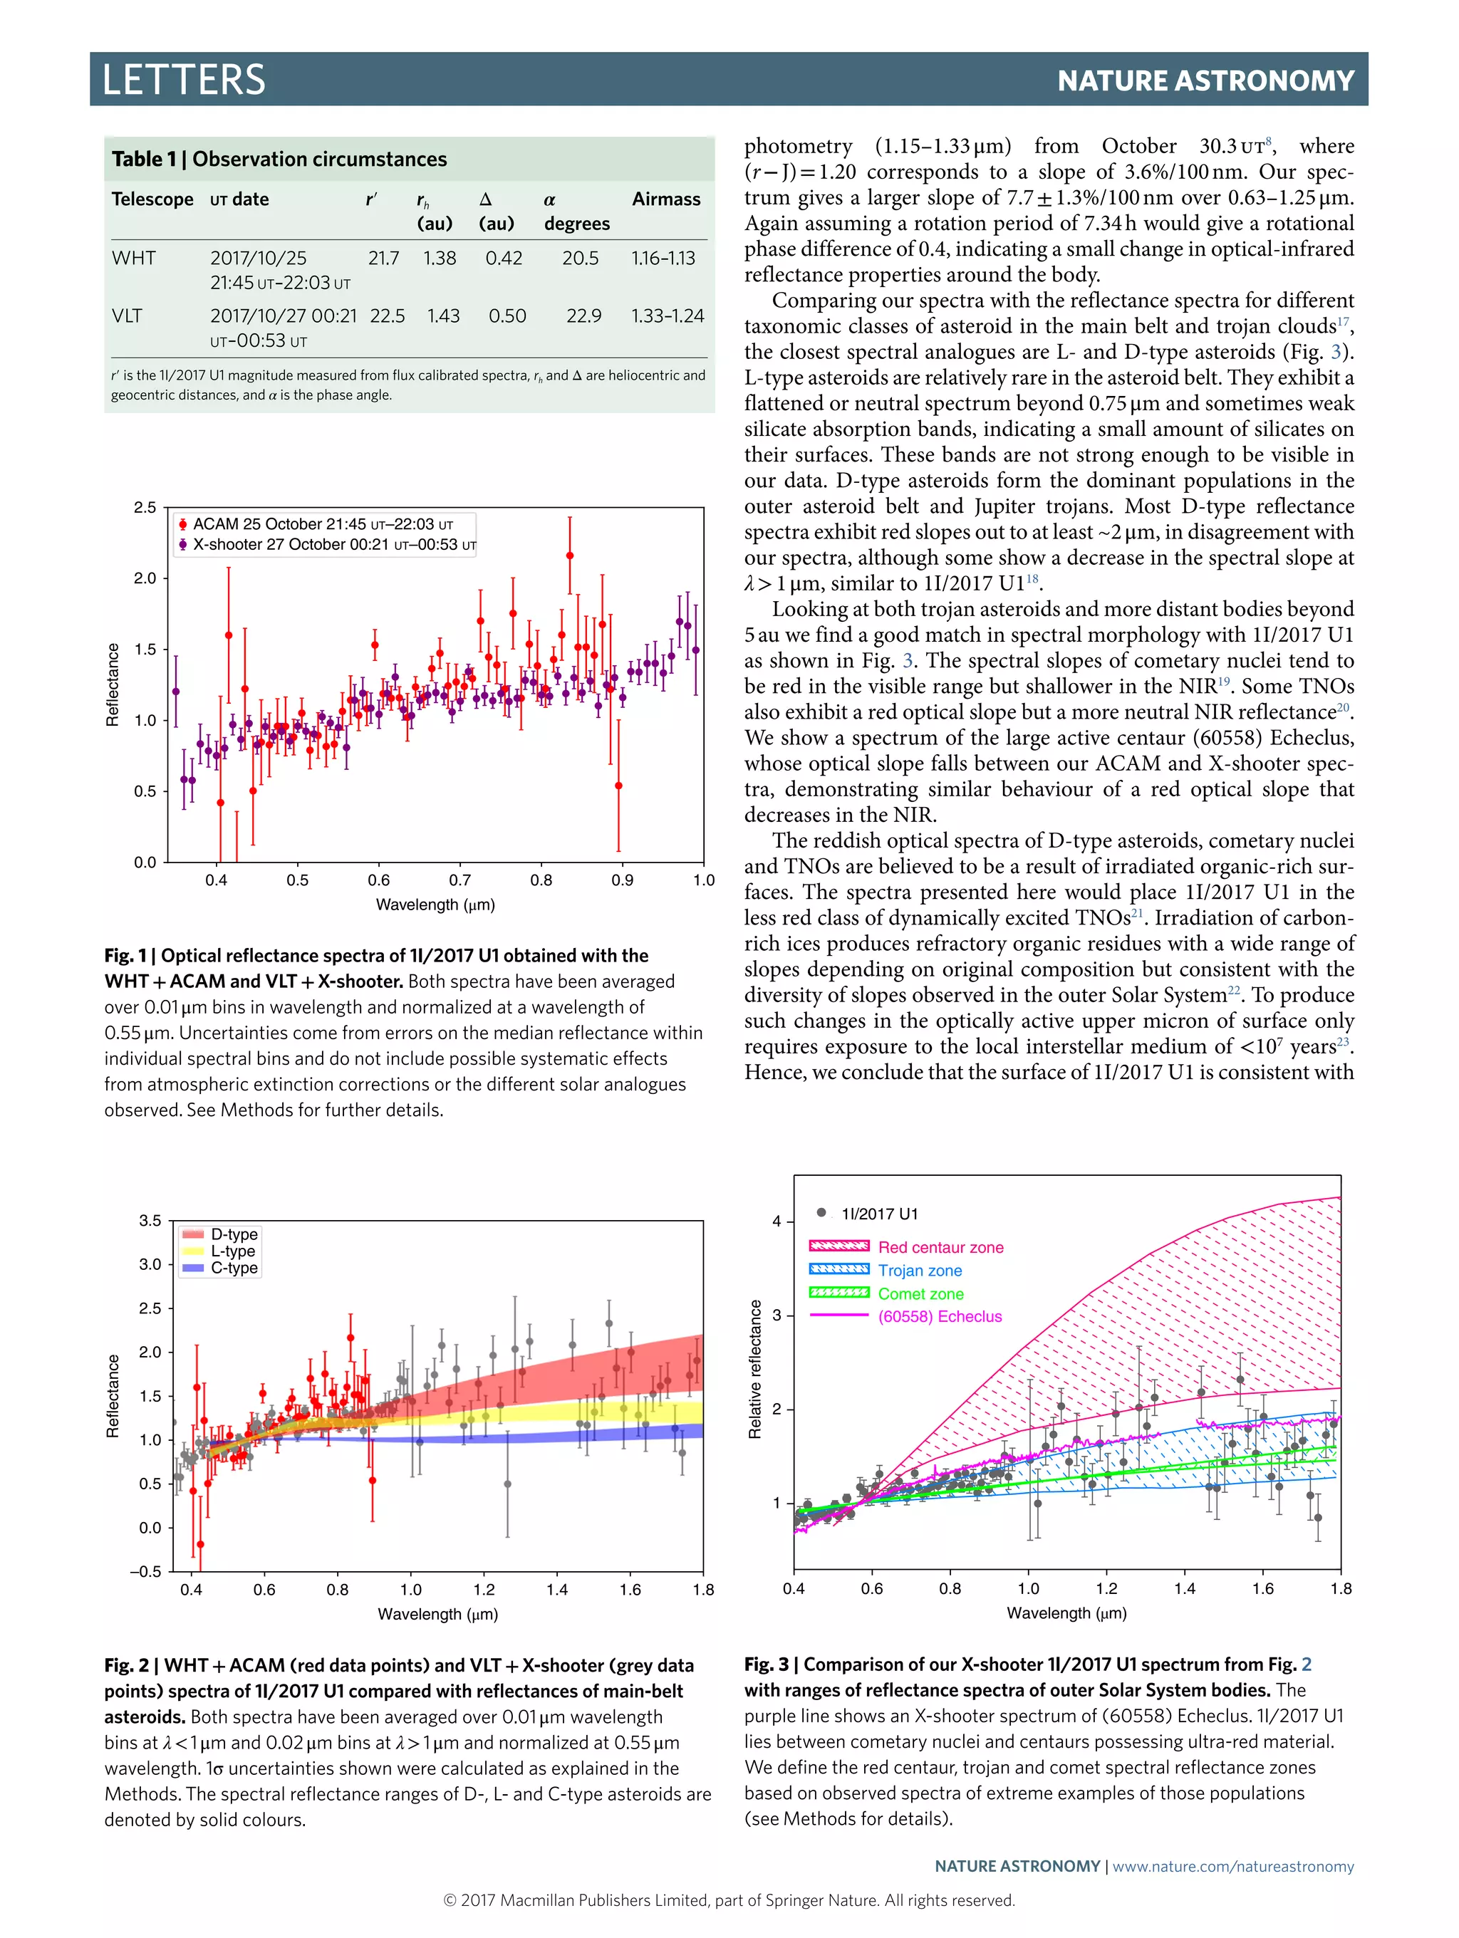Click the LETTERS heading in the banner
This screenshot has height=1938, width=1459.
[184, 80]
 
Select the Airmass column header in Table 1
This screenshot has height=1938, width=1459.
[666, 199]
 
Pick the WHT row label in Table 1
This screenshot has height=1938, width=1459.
[134, 258]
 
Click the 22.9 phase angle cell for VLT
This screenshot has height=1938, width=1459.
[583, 316]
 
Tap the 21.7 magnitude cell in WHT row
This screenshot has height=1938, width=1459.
[384, 258]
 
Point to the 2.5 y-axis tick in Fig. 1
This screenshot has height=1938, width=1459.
[145, 507]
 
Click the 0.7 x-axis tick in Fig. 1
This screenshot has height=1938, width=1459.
[460, 880]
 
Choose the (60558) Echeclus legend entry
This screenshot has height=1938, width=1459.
[940, 1316]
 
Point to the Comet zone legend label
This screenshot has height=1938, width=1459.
[920, 1293]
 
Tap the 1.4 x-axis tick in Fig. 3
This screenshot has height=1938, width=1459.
[1185, 1588]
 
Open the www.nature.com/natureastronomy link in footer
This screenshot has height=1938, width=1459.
[1233, 1866]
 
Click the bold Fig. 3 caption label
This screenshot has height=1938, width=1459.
[766, 1664]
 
